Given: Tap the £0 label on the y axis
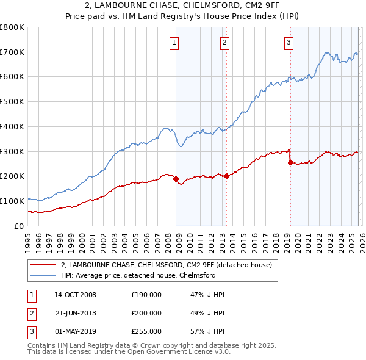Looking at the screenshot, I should point(18,226).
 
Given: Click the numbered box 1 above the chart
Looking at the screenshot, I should point(174,42).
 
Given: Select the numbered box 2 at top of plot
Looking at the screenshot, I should point(225,42).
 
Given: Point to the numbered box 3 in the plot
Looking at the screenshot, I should point(288,42).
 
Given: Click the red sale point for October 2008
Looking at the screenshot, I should point(176,179).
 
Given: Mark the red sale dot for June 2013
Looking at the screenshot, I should point(226,176).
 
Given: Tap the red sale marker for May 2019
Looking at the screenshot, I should point(290,162).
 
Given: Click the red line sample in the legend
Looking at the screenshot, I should point(43,265).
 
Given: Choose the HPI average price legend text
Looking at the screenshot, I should point(138,275).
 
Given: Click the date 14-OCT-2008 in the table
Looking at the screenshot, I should point(75,295).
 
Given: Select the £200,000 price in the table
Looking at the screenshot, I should point(146,313).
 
